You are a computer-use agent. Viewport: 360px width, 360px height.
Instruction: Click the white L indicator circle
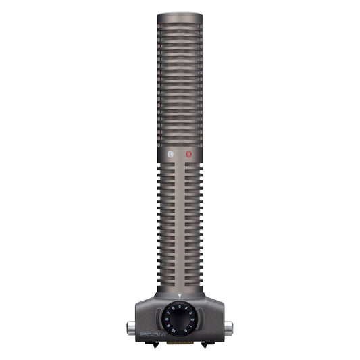(x=170, y=155)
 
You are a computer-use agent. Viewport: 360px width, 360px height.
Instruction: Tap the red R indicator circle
(x=189, y=155)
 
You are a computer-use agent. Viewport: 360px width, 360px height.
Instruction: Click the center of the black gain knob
(x=180, y=319)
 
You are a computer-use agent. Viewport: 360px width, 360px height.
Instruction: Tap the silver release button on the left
(x=130, y=328)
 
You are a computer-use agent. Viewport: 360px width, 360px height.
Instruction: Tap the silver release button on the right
(x=229, y=328)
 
